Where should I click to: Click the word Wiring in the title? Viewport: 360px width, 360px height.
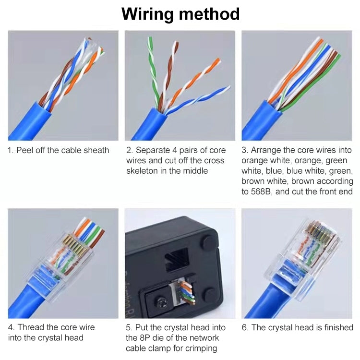pyautogui.click(x=147, y=14)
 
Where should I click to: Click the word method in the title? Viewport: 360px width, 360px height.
pyautogui.click(x=209, y=14)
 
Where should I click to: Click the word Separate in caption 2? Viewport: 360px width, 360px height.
pyautogui.click(x=153, y=150)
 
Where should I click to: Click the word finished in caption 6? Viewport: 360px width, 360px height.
pyautogui.click(x=335, y=327)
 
